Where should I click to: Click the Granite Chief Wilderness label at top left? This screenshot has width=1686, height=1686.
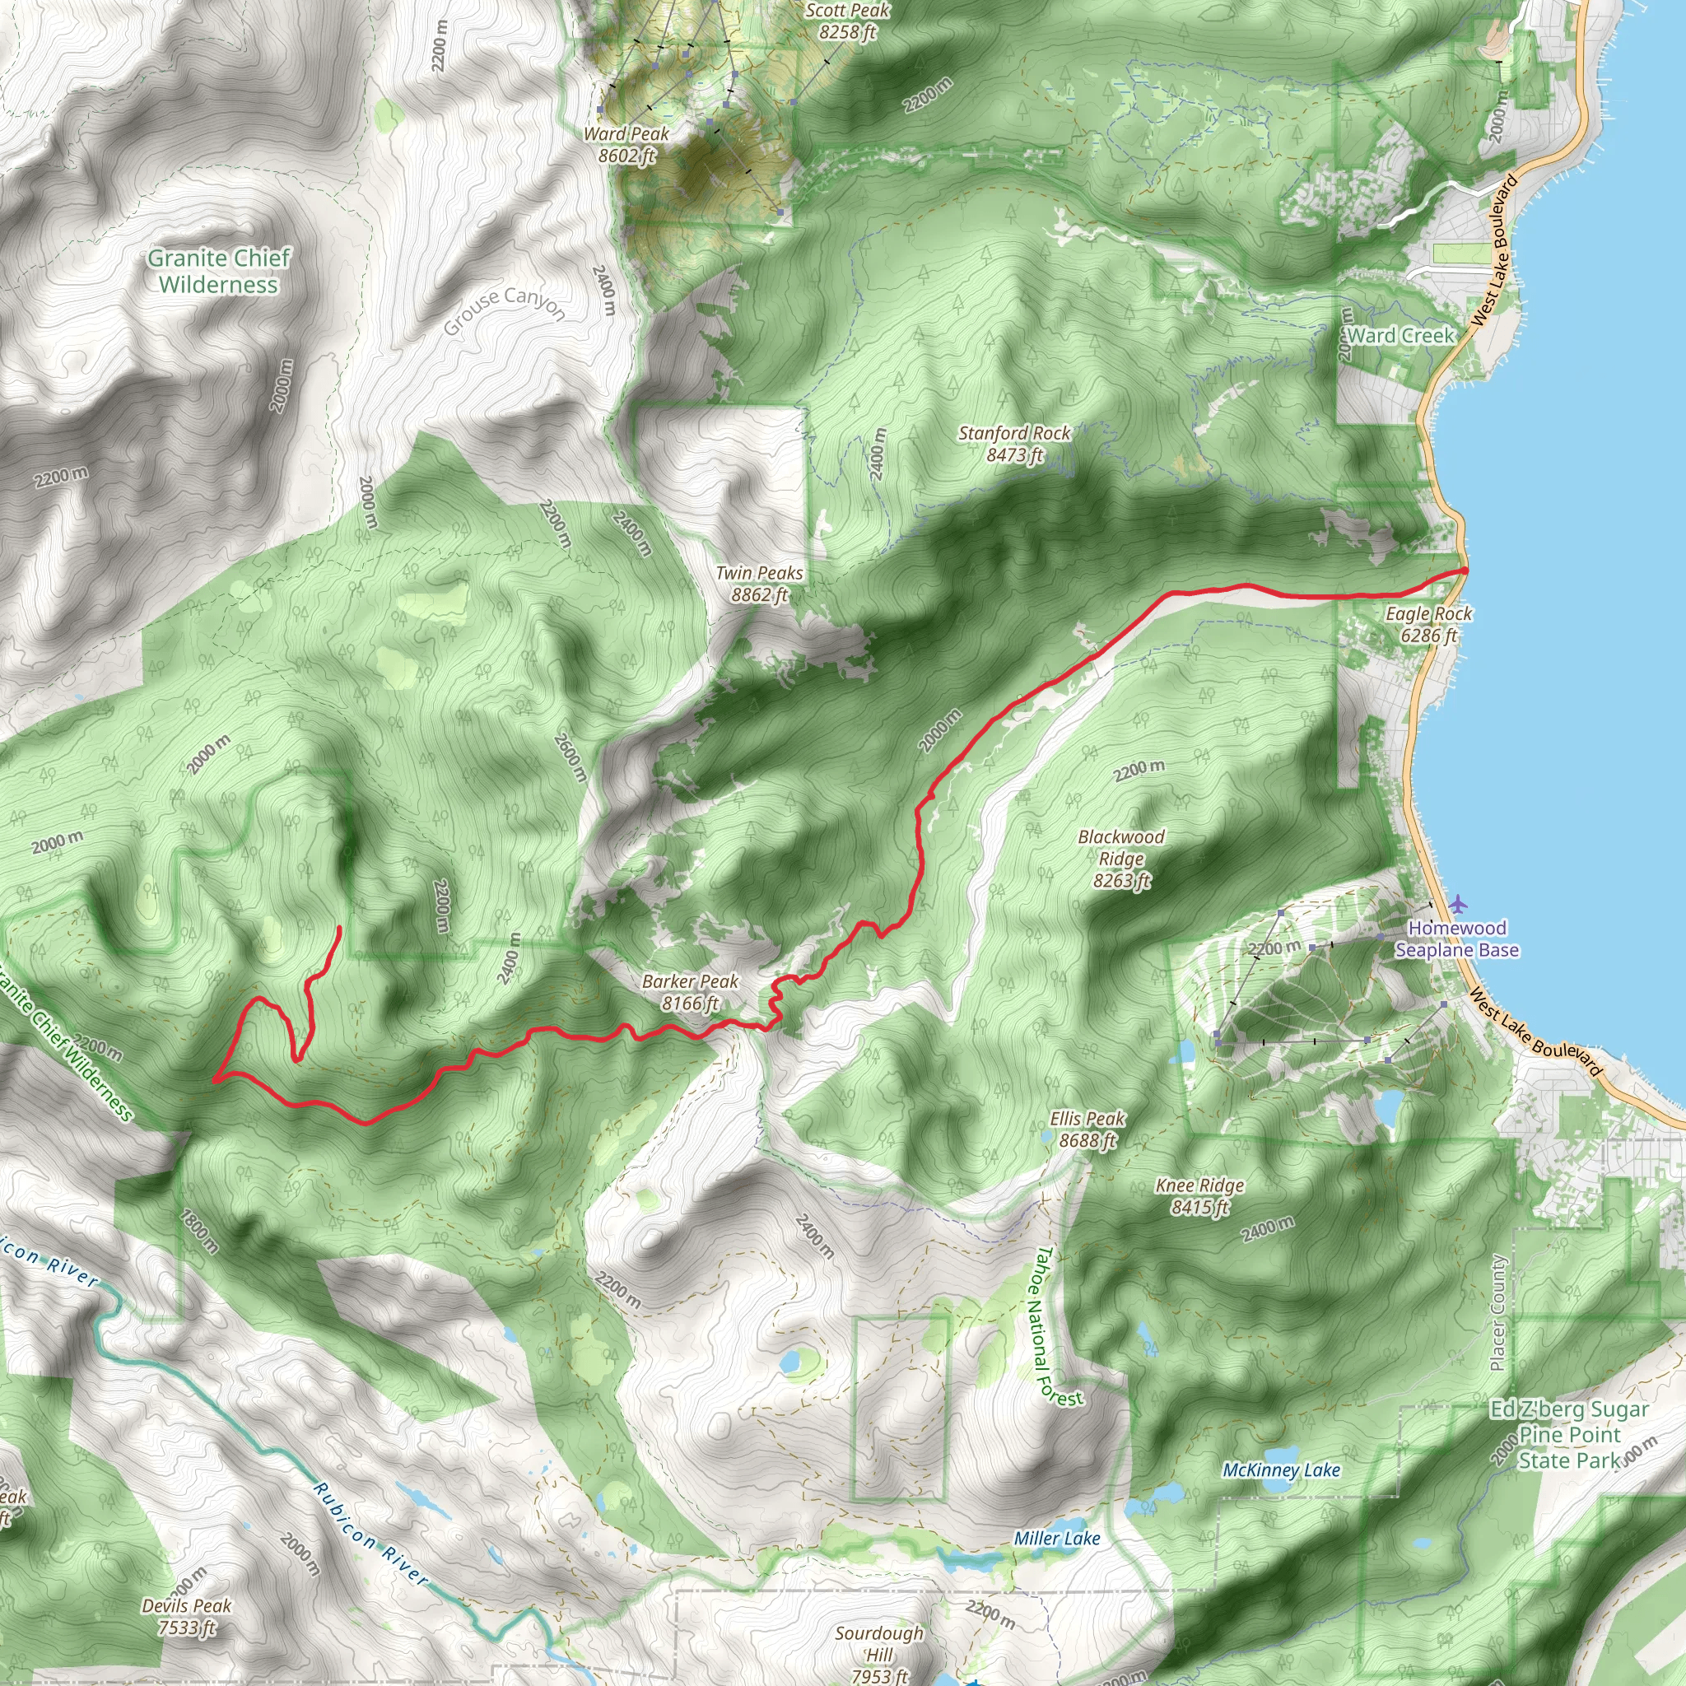coord(218,272)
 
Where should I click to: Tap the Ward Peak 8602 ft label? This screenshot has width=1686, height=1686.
coord(626,145)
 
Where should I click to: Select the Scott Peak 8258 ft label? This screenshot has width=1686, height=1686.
coord(847,21)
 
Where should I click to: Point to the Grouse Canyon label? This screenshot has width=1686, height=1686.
coord(505,310)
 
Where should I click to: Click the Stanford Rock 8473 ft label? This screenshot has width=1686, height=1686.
coord(1014,444)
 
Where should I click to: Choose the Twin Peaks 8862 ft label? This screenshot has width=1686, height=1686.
coord(759,584)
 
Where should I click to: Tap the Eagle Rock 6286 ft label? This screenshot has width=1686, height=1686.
coord(1428,624)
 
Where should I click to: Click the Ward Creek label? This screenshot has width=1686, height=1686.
coord(1400,335)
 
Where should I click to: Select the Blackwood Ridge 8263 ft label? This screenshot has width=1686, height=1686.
coord(1121,859)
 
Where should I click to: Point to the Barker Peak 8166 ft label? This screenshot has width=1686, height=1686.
coord(690,992)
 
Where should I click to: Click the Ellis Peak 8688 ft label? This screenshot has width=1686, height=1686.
coord(1088,1129)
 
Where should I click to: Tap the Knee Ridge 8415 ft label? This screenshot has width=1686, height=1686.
coord(1200,1195)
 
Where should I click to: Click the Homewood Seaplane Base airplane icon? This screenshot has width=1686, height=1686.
coord(1457,903)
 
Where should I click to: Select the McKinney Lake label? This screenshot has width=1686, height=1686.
coord(1281,1469)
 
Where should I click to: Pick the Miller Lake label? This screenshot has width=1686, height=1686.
coord(1057,1539)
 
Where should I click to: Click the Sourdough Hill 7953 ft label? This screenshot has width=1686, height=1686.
coord(878,1654)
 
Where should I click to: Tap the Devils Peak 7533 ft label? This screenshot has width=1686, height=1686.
coord(187,1616)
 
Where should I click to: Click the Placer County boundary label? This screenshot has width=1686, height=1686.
coord(1497,1312)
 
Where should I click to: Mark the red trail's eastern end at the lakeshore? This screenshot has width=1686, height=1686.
coord(1464,571)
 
